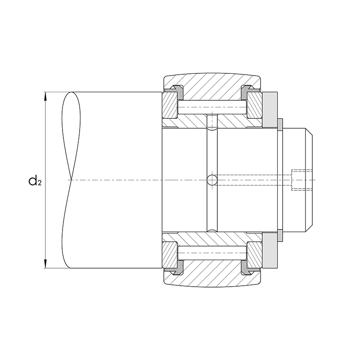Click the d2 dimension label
[x=35, y=180]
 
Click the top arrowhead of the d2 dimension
[x=45, y=96]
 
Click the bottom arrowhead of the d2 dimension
[x=45, y=264]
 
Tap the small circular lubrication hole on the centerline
[x=212, y=180]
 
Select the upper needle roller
[x=212, y=107]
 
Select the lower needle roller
[x=212, y=253]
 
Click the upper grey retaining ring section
[x=270, y=110]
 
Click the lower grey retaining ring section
[x=270, y=251]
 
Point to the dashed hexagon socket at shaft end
[x=301, y=180]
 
